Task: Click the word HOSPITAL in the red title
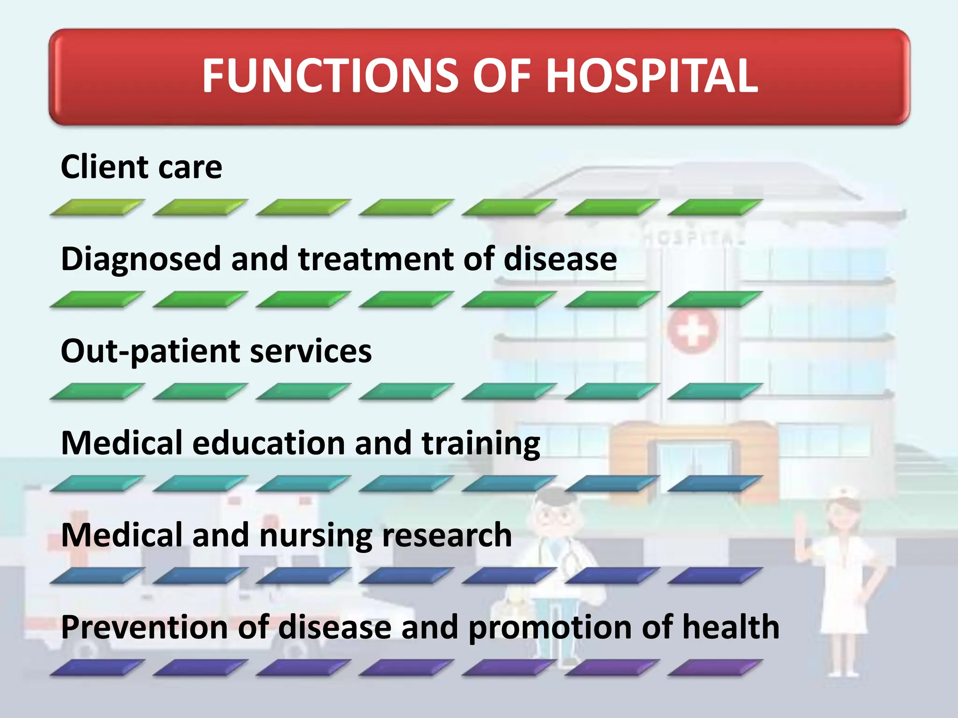tap(651, 76)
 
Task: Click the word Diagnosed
tap(141, 260)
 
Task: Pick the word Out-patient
tap(150, 352)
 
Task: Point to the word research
tap(447, 535)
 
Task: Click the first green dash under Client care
tap(97, 207)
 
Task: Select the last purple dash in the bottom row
tap(715, 668)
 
